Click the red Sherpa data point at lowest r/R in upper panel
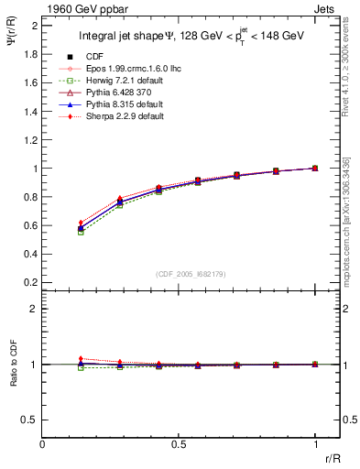pyautogui.click(x=81, y=223)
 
